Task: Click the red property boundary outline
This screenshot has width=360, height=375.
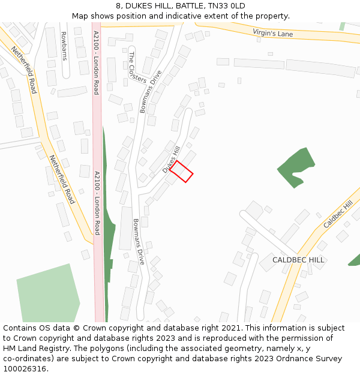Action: tap(181, 171)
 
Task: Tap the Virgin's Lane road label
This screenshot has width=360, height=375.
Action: tap(272, 33)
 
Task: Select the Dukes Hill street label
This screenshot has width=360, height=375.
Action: tap(171, 160)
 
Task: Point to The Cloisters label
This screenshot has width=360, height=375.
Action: tap(137, 67)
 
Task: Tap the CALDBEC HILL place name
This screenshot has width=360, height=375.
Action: tap(298, 260)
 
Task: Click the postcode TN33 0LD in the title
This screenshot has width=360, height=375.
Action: tap(227, 6)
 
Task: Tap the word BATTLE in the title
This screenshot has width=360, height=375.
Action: tap(188, 6)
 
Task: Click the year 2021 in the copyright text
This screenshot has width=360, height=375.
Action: tap(231, 328)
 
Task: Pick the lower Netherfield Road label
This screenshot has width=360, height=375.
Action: tap(62, 179)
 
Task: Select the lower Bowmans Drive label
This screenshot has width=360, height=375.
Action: tap(139, 242)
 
